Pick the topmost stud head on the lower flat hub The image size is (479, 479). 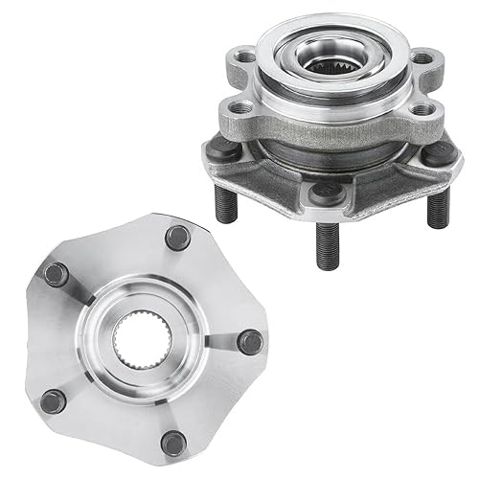(x=176, y=236)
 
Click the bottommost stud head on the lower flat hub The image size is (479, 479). (x=173, y=442)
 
